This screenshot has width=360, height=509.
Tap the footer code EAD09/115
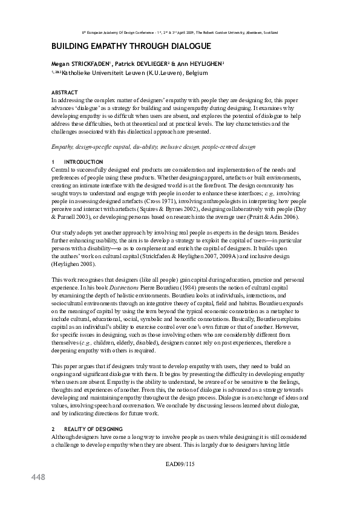180,464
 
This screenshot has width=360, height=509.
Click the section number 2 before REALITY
53,428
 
